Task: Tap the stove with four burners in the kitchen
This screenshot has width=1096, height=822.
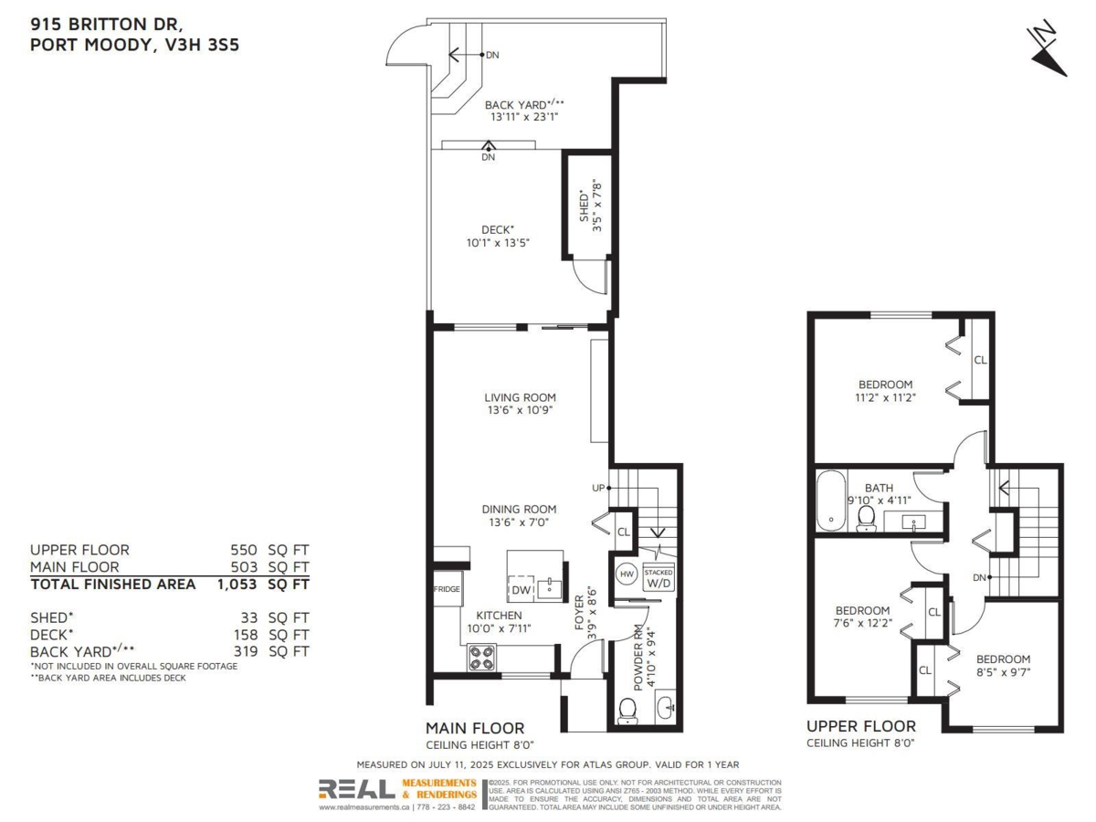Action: [x=482, y=658]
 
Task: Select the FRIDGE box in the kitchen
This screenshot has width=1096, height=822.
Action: [x=448, y=589]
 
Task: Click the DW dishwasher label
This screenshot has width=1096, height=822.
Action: [x=521, y=589]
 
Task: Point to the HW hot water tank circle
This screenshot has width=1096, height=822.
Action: [x=627, y=574]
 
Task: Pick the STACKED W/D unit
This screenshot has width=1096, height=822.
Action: [x=659, y=578]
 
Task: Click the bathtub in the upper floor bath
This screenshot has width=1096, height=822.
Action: [x=831, y=500]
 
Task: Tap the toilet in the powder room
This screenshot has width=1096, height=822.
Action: [x=627, y=711]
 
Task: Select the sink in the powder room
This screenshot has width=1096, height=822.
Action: [x=665, y=707]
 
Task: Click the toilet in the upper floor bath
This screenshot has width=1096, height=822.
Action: [x=866, y=519]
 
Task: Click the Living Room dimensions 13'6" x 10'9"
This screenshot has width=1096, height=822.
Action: [x=520, y=410]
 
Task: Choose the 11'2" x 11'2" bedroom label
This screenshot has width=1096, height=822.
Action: [x=885, y=397]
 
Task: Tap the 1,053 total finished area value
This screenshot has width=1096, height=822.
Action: [x=237, y=584]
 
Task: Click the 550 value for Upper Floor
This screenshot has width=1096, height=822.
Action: [x=244, y=550]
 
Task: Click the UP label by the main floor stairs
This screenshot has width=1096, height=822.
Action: [x=598, y=488]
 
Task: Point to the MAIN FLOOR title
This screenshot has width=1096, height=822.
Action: [x=475, y=728]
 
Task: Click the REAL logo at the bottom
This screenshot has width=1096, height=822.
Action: [x=357, y=789]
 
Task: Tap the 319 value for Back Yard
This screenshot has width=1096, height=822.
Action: [x=246, y=651]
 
